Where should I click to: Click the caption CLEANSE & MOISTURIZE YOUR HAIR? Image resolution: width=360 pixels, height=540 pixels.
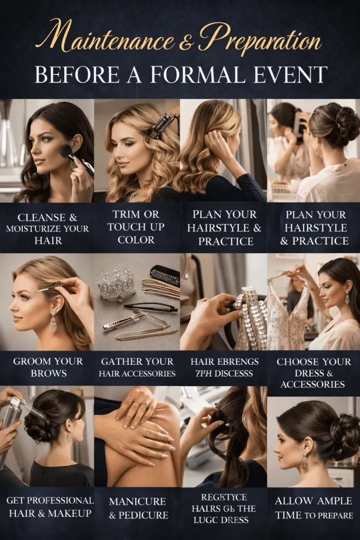[x=47, y=228]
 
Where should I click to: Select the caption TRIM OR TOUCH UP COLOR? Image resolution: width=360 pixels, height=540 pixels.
[x=136, y=227]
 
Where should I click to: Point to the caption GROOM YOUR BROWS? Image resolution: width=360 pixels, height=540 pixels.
[x=48, y=368]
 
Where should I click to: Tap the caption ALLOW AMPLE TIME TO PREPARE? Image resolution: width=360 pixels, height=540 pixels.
[x=314, y=508]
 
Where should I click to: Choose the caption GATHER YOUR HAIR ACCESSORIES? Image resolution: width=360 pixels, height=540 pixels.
[x=137, y=368]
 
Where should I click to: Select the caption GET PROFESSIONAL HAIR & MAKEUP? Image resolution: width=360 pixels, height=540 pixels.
[x=47, y=506]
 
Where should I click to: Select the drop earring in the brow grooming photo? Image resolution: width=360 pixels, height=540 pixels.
[x=53, y=322]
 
